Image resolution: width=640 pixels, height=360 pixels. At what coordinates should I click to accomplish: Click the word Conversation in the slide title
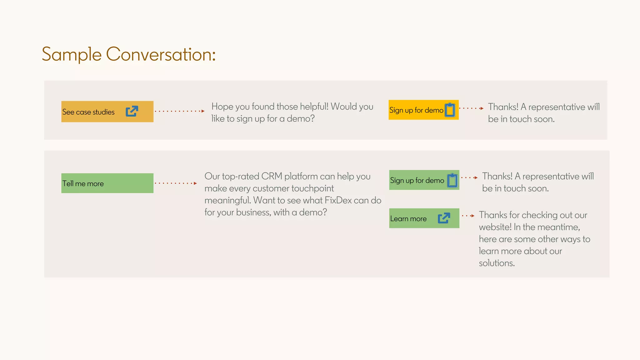161,54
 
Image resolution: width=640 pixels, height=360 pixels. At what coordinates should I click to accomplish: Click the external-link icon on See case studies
132,111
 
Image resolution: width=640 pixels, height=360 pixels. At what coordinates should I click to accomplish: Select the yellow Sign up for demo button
416,110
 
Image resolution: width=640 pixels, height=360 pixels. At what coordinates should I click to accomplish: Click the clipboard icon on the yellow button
450,110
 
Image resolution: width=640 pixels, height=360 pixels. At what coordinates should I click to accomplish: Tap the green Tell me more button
107,183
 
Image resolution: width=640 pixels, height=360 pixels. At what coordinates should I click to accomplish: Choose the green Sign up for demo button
417,180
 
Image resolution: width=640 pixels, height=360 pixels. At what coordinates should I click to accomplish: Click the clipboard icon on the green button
452,180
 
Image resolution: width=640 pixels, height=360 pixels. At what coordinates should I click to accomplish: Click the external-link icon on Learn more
444,218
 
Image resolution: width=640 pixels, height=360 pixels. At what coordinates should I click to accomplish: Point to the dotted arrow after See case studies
180,111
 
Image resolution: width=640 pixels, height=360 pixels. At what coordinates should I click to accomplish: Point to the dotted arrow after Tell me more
176,183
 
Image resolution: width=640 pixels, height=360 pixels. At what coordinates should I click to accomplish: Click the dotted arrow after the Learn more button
468,216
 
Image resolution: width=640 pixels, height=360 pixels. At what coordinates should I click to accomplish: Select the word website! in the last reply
495,227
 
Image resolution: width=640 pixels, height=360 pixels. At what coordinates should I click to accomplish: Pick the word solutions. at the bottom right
497,263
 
